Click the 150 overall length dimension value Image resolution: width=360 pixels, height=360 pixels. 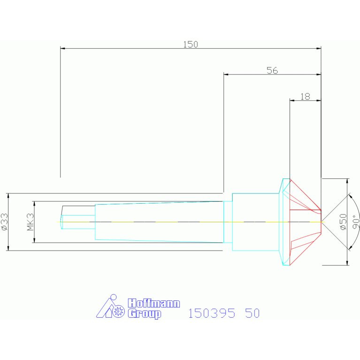(191, 44)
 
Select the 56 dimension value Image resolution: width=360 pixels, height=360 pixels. (272, 70)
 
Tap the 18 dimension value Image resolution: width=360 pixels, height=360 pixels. (306, 96)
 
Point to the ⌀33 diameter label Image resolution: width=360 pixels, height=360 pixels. (4, 222)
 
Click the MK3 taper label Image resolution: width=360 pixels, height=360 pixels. (31, 222)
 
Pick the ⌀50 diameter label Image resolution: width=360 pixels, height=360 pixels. (343, 222)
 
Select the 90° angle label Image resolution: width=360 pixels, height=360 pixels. (356, 222)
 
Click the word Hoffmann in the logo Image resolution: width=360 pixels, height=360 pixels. (154, 303)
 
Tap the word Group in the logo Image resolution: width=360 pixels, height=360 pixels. (145, 314)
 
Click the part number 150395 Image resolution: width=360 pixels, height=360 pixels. (212, 313)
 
